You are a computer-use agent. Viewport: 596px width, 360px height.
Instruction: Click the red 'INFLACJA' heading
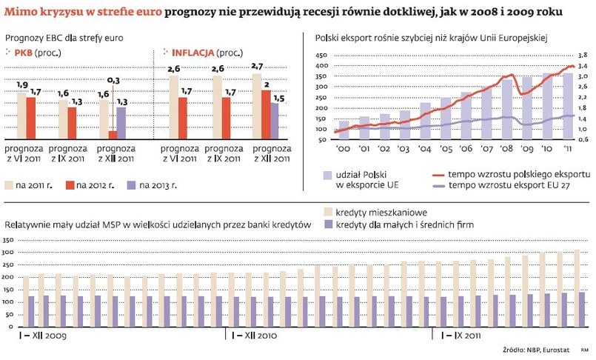point(193,53)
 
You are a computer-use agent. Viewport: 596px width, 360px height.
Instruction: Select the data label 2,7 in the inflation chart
point(257,67)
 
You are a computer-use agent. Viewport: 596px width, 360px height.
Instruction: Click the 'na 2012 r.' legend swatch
point(72,185)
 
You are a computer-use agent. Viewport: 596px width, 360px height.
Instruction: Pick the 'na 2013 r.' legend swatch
point(133,185)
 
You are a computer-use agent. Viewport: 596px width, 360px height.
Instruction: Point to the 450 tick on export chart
point(321,56)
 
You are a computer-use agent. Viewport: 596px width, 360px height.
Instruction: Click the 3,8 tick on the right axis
point(582,56)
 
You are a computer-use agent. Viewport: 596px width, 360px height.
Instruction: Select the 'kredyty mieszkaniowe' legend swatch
point(327,213)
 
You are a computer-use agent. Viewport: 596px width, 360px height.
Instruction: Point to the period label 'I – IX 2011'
point(461,336)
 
